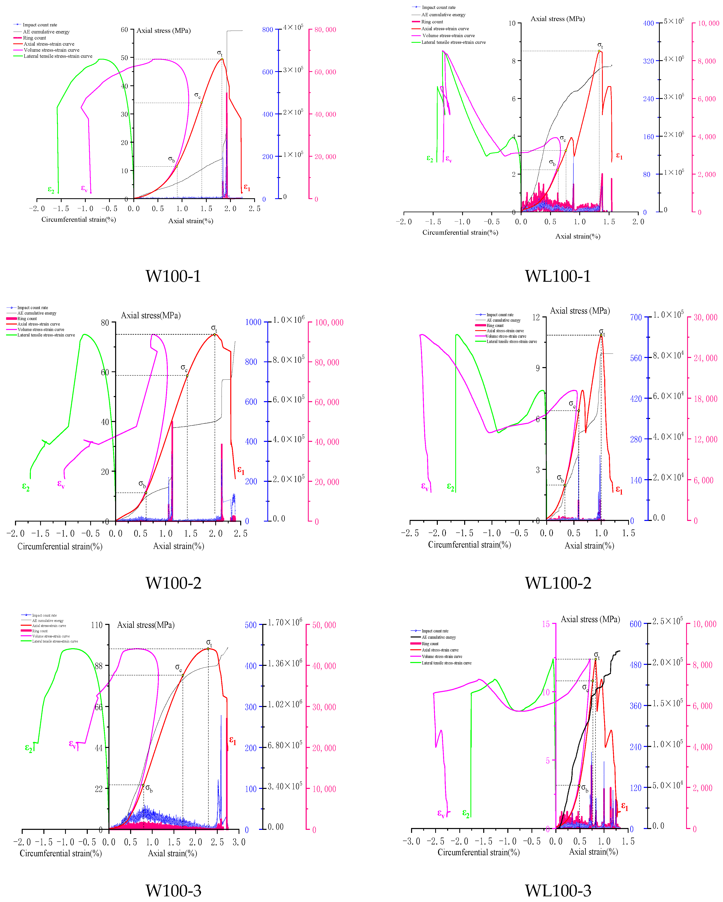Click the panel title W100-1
point(173,276)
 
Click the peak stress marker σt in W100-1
point(222,59)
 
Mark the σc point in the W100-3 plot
point(182,675)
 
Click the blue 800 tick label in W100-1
point(267,30)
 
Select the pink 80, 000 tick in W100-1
point(325,30)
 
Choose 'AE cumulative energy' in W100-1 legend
point(46,32)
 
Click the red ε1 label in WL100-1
point(619,156)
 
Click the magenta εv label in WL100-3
point(441,813)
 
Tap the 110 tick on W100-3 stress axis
point(97,625)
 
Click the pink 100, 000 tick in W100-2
point(329,322)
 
